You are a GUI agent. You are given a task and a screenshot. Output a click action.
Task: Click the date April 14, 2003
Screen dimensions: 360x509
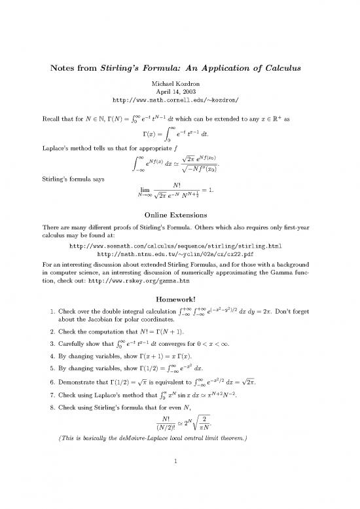[179, 93]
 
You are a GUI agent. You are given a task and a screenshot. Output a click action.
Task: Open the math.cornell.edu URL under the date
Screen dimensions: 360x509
[179, 103]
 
